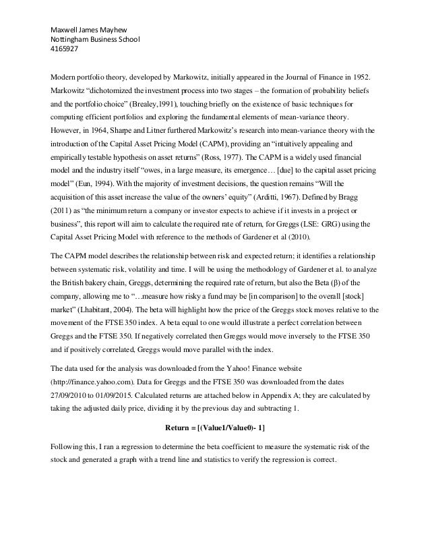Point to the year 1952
point(359,74)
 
